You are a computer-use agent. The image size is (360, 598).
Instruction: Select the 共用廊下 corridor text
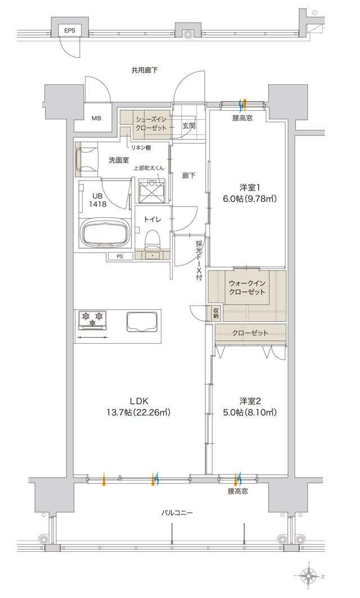145,70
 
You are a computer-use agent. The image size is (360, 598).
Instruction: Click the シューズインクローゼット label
150,124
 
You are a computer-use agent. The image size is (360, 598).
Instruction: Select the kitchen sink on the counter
141,323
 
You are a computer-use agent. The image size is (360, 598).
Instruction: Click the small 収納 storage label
216,313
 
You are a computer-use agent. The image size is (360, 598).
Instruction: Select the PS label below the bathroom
120,257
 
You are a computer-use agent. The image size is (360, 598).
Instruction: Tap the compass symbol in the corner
310,575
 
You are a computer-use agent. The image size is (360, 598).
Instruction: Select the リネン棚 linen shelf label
141,148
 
